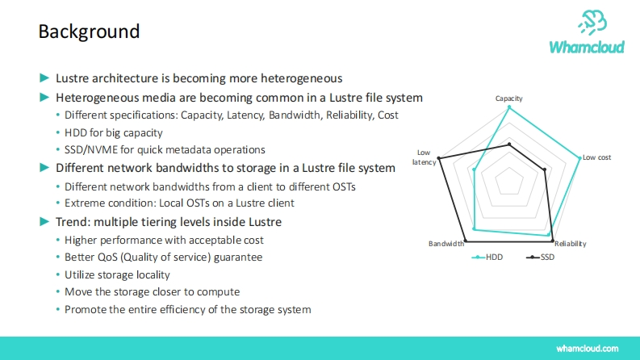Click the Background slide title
coord(89,31)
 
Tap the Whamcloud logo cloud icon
coord(592,23)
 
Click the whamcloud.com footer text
coord(587,349)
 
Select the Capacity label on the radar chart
coord(508,98)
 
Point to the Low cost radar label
coord(596,157)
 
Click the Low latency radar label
coord(424,157)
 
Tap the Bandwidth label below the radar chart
coord(446,244)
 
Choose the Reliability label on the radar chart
coord(571,244)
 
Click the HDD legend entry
coord(487,257)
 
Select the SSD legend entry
coord(541,257)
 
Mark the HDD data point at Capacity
coord(509,107)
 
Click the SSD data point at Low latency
coord(439,158)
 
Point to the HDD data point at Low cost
coord(579,158)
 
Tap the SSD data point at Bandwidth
coord(466,241)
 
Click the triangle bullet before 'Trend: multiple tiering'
coord(44,222)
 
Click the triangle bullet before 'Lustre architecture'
coord(44,77)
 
